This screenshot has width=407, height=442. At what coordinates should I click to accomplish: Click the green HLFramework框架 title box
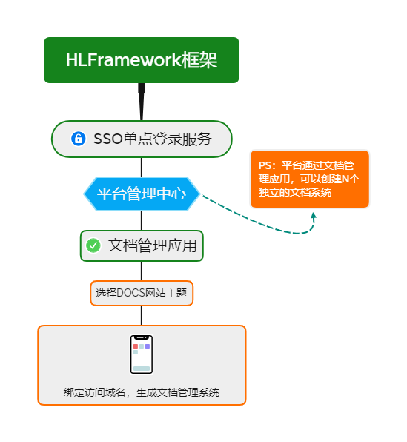[141, 60]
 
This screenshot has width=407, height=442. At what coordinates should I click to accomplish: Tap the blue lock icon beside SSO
[78, 139]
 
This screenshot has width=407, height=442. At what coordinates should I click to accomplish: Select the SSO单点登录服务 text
[153, 139]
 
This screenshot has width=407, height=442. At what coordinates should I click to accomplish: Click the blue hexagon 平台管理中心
[142, 194]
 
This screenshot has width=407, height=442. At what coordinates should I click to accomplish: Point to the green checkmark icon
[93, 245]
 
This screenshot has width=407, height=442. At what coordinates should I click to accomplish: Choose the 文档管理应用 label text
[153, 245]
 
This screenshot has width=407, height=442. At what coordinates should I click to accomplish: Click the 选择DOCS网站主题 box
[142, 293]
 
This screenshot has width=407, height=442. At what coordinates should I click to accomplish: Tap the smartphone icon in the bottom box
[141, 354]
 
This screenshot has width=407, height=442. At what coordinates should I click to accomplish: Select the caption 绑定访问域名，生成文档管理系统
[142, 392]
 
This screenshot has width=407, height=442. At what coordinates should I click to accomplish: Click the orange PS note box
[309, 179]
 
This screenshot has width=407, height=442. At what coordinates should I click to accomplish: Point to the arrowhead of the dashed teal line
[314, 216]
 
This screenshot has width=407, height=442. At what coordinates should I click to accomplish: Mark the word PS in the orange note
[266, 166]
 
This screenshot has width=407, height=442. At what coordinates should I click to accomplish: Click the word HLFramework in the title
[123, 60]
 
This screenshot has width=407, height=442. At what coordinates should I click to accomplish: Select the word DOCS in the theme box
[131, 293]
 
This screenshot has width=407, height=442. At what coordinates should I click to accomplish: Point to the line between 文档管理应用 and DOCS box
[141, 271]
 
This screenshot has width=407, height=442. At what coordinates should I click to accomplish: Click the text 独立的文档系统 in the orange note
[295, 192]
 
